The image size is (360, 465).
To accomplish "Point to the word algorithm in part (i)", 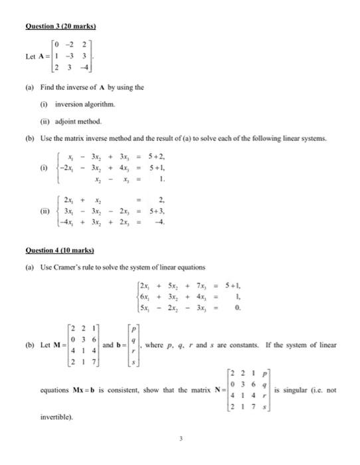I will point(102,104).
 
